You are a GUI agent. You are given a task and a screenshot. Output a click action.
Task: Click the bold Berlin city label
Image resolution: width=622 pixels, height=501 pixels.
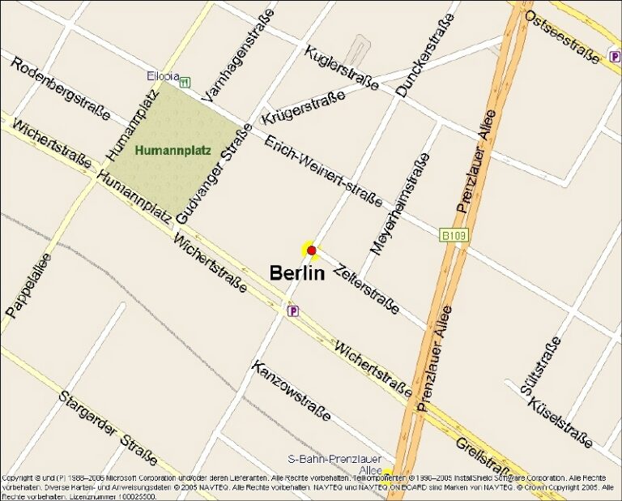click(x=297, y=272)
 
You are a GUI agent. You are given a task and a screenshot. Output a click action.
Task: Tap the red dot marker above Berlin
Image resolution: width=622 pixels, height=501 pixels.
click(x=311, y=250)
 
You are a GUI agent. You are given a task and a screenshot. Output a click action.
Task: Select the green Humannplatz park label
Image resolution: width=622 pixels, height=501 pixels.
click(x=173, y=150)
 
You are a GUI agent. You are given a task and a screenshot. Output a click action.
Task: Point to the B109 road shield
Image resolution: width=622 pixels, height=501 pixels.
click(x=454, y=235)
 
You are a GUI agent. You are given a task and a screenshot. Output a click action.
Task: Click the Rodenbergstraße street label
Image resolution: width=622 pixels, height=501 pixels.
click(x=60, y=88)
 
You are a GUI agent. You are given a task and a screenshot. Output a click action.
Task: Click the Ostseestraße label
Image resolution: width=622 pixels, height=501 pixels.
click(x=562, y=32)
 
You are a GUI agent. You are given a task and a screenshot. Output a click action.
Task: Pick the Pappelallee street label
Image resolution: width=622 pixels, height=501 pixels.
click(x=28, y=285)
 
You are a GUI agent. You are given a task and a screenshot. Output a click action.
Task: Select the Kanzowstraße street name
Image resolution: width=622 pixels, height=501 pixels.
click(x=292, y=391)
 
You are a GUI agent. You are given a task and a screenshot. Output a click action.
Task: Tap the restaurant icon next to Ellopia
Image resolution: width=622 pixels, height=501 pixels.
click(x=185, y=82)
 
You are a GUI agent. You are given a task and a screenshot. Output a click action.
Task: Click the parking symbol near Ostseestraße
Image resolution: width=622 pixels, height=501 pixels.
click(x=615, y=55)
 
